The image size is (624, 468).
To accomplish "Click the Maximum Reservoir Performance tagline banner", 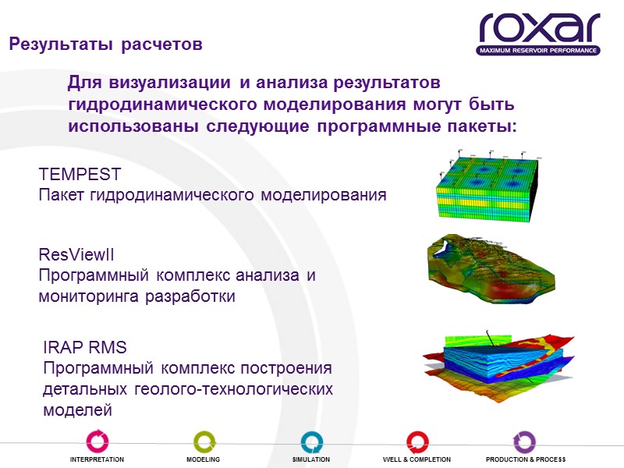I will pos(539,51).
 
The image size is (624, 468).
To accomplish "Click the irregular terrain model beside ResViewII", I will pos(489,269).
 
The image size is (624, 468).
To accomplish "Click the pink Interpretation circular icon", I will pos(97,441).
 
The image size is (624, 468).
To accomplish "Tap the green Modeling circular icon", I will pos(204,441).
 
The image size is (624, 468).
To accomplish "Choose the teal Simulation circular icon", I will pos(311,441).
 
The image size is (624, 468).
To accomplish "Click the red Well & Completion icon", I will pos(417,441).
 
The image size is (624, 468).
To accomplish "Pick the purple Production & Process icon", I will pos(525,441).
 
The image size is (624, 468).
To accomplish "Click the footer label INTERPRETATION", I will pos(97,460).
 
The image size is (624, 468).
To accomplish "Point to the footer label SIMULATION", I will pos(311,460).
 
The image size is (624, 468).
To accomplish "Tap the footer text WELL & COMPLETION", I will pos(417,460).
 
